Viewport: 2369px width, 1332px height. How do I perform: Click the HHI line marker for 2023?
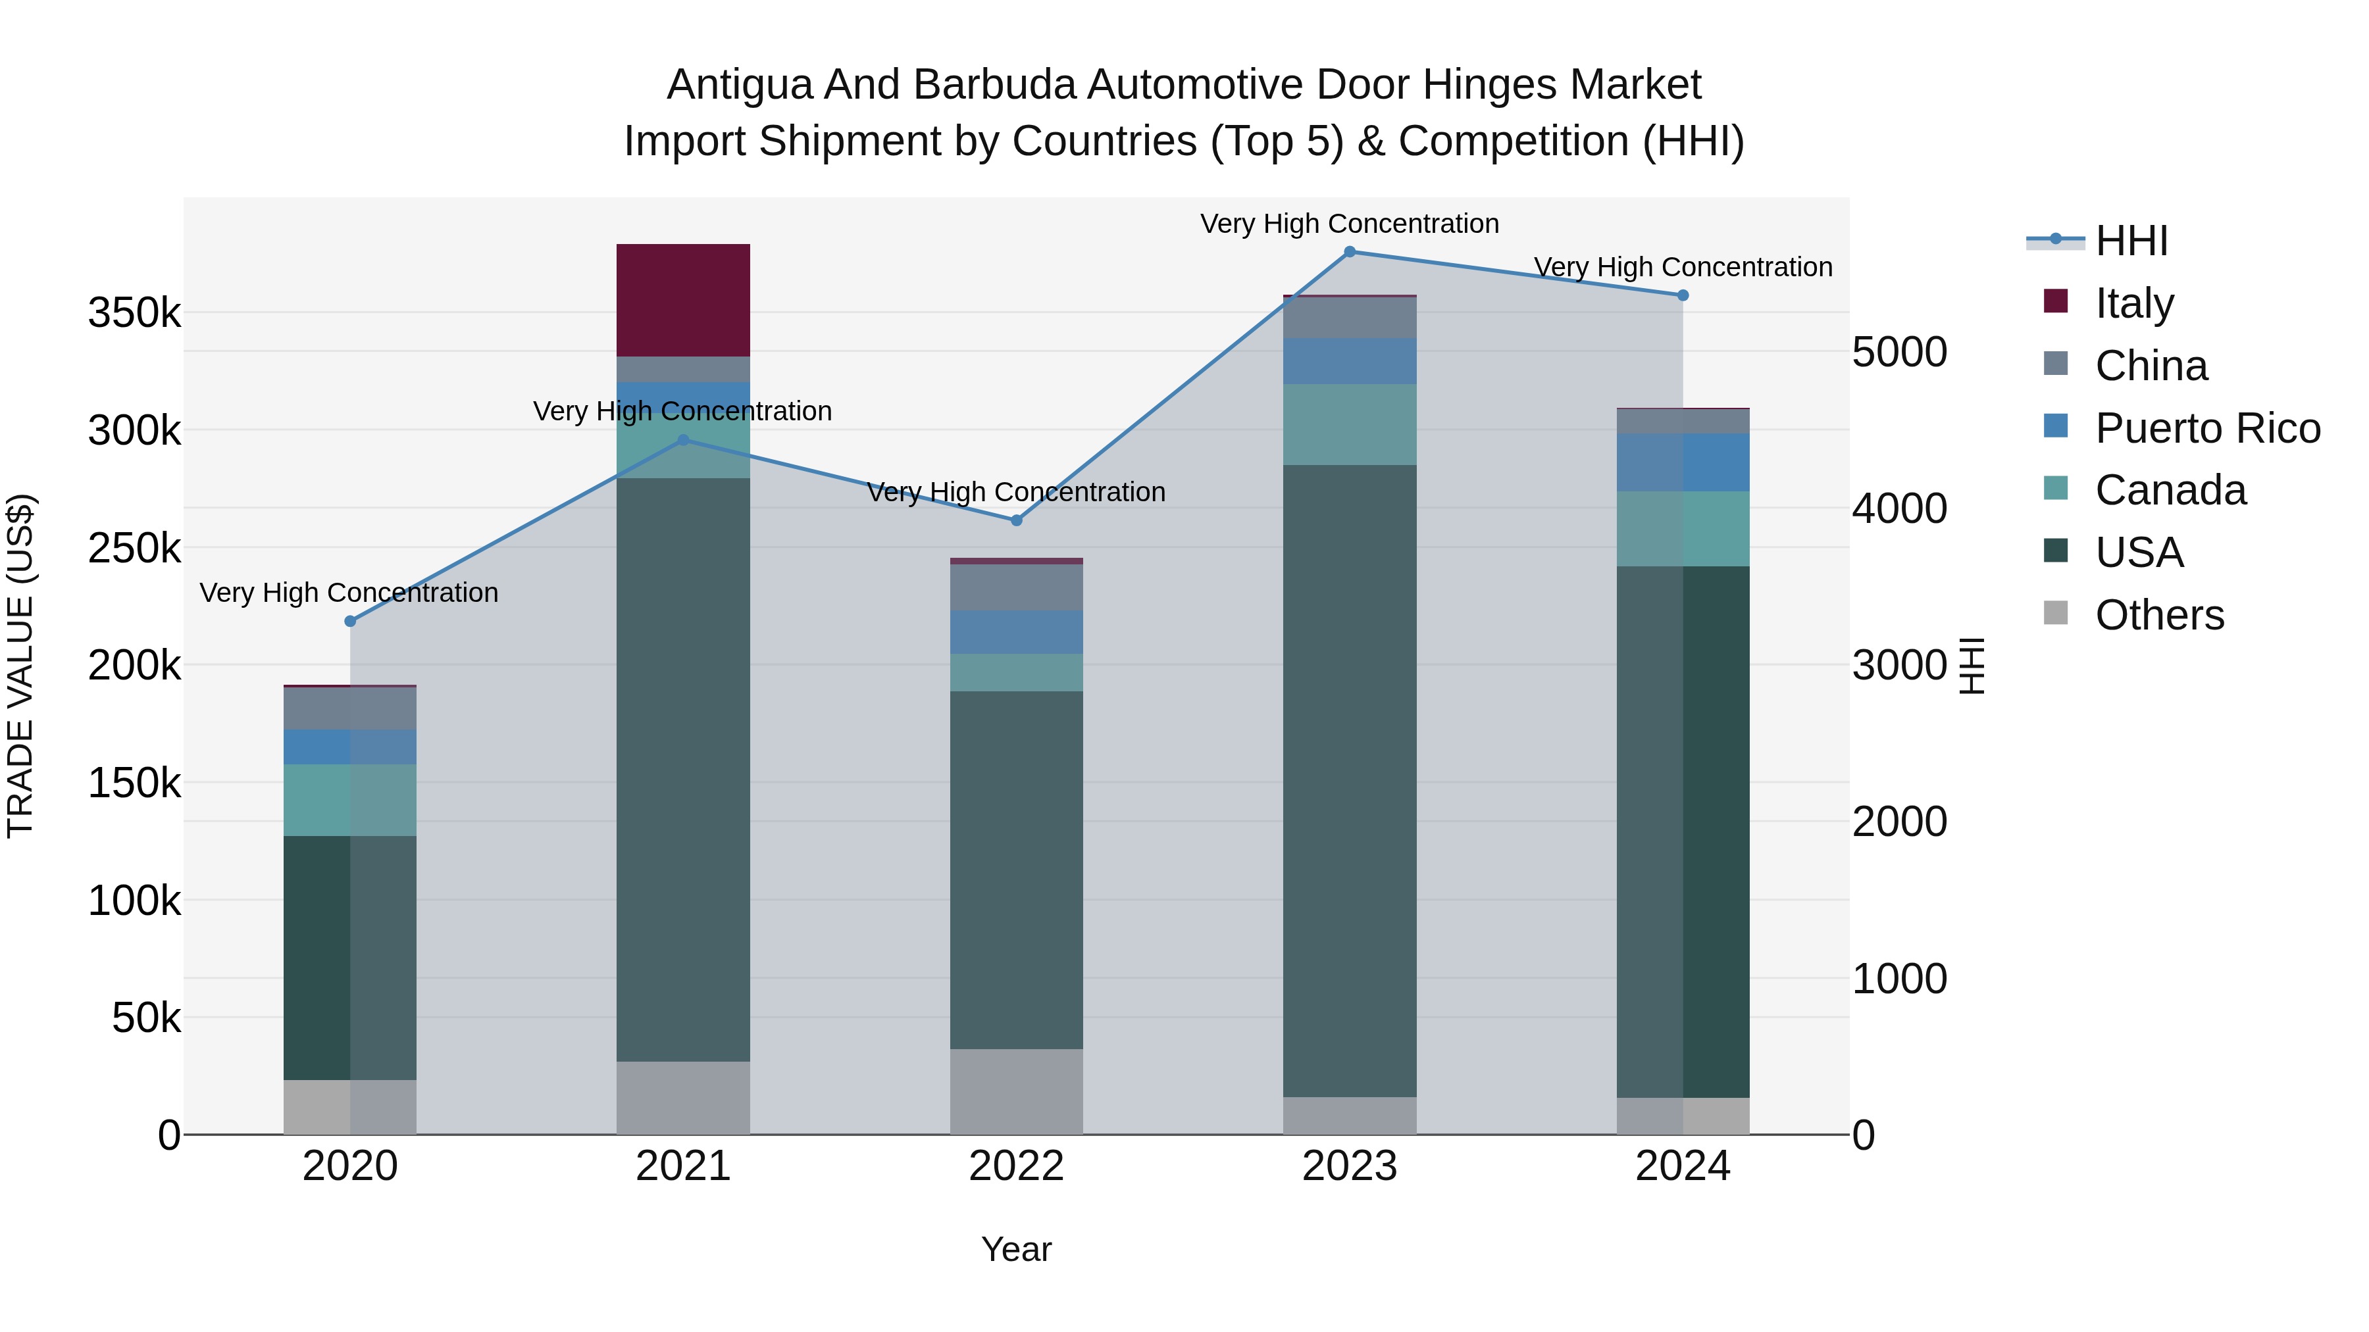coord(1349,252)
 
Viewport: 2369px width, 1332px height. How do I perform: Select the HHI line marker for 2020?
coord(349,622)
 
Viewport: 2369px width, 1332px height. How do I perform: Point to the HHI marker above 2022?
coord(1016,520)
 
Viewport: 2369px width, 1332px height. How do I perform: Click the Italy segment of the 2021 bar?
coord(682,300)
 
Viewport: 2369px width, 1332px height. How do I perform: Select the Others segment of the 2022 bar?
coord(1016,1091)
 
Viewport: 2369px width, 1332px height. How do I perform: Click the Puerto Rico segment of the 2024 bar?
coord(1683,462)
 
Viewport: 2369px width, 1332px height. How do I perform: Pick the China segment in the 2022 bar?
coord(1016,587)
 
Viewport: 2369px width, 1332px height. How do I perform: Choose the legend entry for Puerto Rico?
coord(2207,428)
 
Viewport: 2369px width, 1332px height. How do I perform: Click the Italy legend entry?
coord(2133,303)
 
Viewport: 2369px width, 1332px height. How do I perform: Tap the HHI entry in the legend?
coord(2131,241)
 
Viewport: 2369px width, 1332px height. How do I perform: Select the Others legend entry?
coord(2158,615)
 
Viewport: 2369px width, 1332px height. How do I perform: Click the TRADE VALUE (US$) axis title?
coord(20,666)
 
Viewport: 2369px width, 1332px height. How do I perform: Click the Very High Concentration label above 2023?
coord(1349,224)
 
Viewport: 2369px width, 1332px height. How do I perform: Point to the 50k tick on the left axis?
coord(145,1018)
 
